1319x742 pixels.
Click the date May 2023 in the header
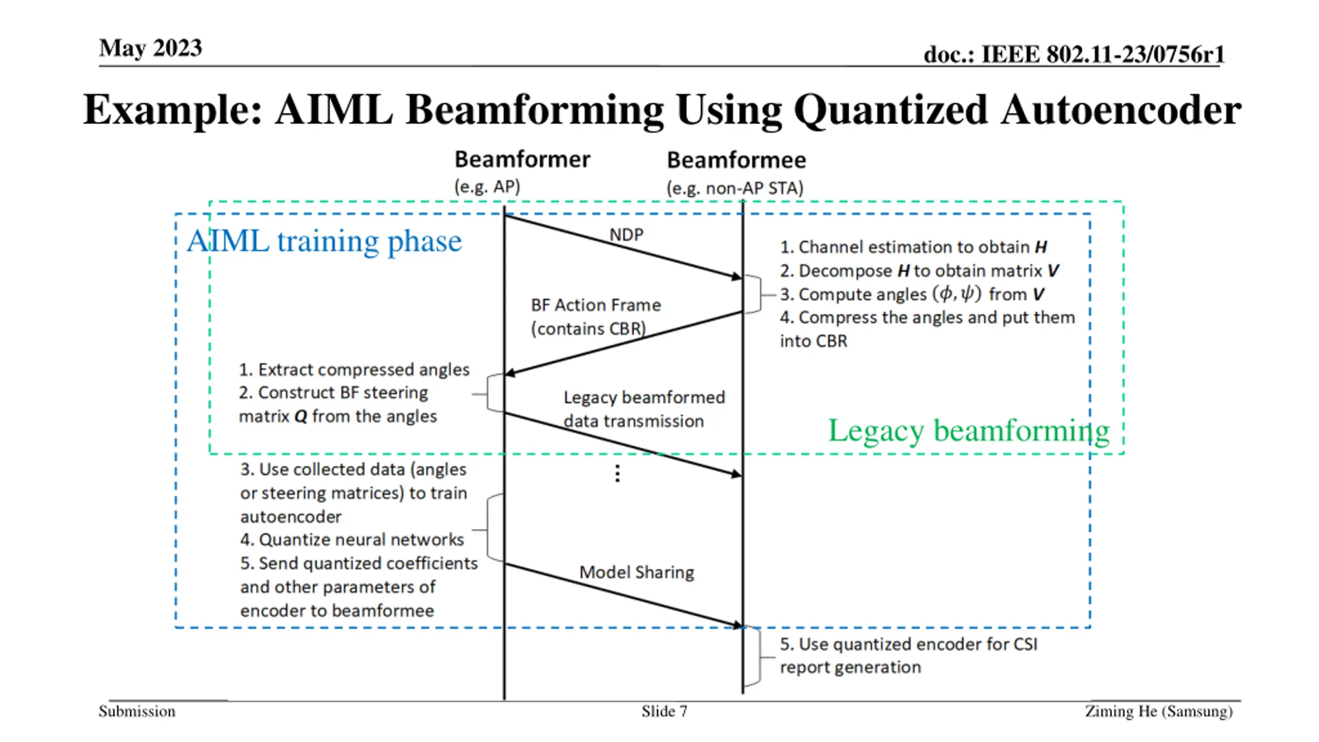click(150, 48)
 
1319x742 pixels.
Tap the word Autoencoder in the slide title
click(1121, 110)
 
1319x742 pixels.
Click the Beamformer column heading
click(522, 160)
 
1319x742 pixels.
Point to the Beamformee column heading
click(736, 160)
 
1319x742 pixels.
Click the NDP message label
click(626, 235)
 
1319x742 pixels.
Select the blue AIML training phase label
click(324, 241)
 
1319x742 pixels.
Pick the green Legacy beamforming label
click(968, 431)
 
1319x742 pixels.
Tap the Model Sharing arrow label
click(636, 572)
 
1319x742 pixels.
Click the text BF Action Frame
click(596, 305)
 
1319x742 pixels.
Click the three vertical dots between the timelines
click(617, 473)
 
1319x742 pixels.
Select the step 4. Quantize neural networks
click(352, 539)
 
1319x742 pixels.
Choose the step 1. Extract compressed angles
click(354, 369)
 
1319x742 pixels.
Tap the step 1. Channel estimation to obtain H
click(913, 247)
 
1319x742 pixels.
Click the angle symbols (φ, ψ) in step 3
click(957, 294)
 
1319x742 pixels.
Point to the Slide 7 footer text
click(664, 712)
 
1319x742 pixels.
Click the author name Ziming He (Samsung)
click(1159, 712)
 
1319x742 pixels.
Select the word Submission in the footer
click(137, 712)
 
